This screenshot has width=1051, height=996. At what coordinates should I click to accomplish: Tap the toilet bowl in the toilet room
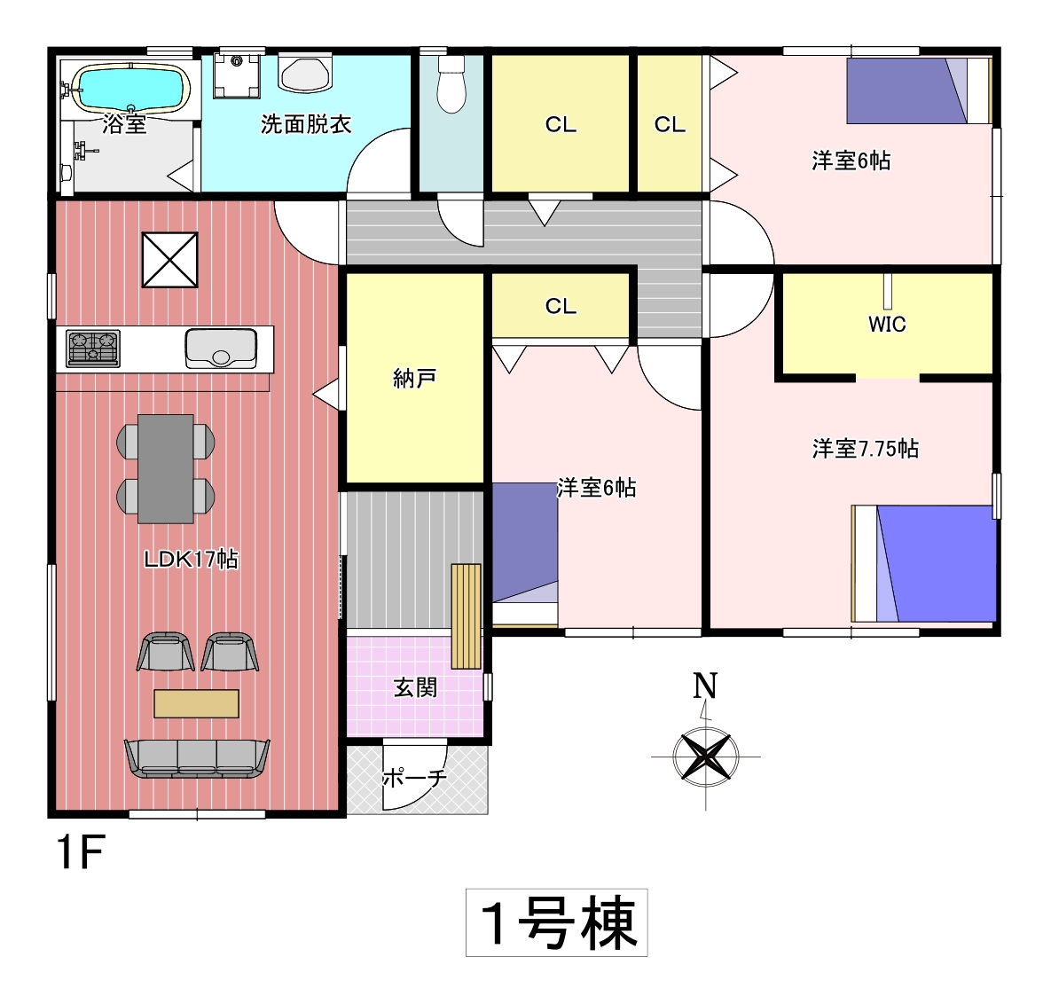click(x=451, y=87)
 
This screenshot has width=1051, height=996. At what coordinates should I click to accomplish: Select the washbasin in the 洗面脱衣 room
click(x=305, y=74)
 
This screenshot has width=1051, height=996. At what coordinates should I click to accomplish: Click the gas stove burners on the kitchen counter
click(x=93, y=349)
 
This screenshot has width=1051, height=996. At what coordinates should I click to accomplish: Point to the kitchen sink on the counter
click(x=221, y=348)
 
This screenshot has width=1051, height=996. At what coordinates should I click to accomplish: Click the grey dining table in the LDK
click(x=166, y=468)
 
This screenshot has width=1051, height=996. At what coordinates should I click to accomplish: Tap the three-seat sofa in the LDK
click(x=197, y=758)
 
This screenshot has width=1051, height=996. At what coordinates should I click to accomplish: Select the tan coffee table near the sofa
click(x=196, y=703)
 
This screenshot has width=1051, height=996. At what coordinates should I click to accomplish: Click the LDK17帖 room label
click(x=191, y=559)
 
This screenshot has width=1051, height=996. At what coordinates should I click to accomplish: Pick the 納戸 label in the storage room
click(x=414, y=379)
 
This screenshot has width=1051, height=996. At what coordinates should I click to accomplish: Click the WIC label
click(x=887, y=324)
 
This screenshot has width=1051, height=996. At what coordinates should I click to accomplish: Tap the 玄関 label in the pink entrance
click(x=415, y=687)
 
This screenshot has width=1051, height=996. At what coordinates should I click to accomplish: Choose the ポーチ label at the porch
click(x=414, y=778)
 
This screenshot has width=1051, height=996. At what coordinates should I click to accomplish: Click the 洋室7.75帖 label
click(x=865, y=449)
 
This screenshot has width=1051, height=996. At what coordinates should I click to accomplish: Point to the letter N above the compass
click(x=705, y=686)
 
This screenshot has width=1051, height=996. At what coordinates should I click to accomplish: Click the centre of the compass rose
click(x=706, y=757)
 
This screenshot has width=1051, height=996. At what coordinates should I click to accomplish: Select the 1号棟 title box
click(x=557, y=922)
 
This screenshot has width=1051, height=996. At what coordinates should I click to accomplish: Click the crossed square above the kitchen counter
click(x=170, y=260)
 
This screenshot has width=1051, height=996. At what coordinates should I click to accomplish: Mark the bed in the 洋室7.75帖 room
click(x=924, y=563)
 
